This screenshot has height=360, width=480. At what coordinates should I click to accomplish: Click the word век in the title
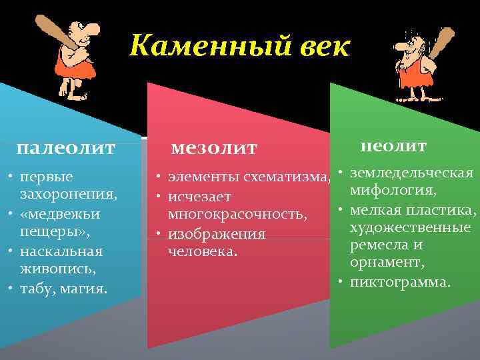pyautogui.click(x=321, y=47)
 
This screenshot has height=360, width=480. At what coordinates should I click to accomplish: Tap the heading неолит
pyautogui.click(x=393, y=145)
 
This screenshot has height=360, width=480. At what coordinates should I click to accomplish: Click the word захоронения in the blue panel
pyautogui.click(x=67, y=195)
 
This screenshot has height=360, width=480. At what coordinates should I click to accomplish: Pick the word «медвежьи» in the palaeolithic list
pyautogui.click(x=60, y=214)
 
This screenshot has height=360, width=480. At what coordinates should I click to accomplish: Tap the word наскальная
pyautogui.click(x=61, y=251)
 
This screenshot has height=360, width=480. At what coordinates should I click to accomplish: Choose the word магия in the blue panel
pyautogui.click(x=85, y=289)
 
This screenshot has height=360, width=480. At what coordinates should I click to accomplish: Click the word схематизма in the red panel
pyautogui.click(x=287, y=178)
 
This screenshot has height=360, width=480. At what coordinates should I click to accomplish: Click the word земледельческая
pyautogui.click(x=411, y=173)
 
